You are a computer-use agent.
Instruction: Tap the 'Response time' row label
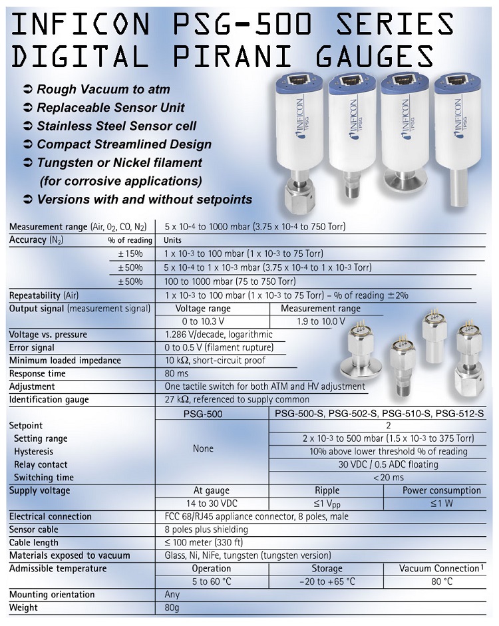(37, 373)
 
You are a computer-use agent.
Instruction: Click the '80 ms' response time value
(176, 373)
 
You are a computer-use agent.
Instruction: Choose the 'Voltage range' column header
(203, 309)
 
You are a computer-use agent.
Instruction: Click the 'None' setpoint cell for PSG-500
(203, 448)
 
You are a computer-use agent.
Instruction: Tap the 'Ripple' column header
(326, 490)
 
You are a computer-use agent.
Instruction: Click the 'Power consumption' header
(441, 490)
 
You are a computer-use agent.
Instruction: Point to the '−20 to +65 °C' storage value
(327, 581)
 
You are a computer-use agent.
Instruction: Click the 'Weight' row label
(23, 607)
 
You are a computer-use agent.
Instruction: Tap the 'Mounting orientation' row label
(52, 594)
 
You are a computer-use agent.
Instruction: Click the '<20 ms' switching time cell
(379, 477)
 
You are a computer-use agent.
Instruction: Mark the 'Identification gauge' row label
(49, 399)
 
